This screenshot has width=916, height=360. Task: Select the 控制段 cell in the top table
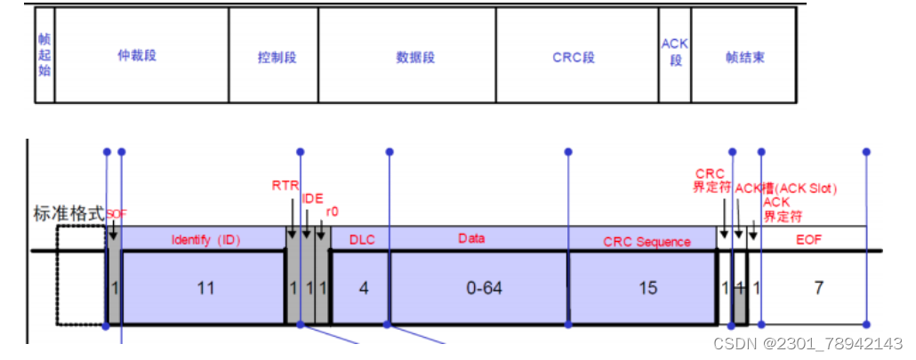[277, 58]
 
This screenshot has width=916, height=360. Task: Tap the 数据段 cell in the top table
[415, 58]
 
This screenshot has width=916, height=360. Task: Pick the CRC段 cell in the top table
[573, 58]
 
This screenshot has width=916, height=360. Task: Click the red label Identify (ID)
[205, 240]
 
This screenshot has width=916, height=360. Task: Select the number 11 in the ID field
[205, 289]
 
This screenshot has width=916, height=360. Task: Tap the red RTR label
[285, 186]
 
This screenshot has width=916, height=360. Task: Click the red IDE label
[312, 199]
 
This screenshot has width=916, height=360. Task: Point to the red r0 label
[333, 212]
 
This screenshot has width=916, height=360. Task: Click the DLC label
[362, 240]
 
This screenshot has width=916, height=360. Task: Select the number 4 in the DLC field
[364, 289]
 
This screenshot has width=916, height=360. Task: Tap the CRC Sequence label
[647, 242]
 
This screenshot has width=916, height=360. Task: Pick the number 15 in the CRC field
[647, 289]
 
